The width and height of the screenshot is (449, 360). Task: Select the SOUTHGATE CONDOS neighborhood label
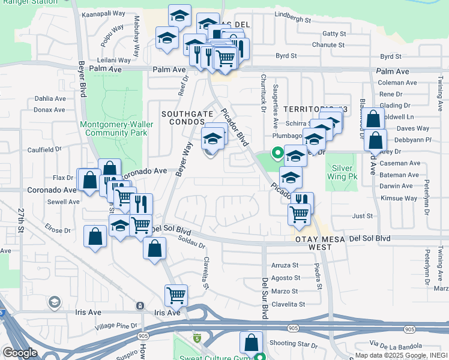pos(184,118)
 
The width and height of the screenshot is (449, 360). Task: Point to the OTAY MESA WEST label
pos(312,242)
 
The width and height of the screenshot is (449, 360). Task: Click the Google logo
pos(20,353)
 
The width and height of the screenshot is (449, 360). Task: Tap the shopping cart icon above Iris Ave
pos(176,295)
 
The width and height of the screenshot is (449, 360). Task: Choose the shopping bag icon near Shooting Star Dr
pos(251,343)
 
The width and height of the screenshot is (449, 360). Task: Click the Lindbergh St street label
pos(293,20)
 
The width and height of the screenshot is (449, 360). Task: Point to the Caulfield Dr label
pos(44,149)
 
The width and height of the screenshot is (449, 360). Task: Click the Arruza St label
pos(285,265)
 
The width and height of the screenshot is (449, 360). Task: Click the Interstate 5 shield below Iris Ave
pos(196,338)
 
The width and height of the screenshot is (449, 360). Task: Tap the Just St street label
pos(363,216)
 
